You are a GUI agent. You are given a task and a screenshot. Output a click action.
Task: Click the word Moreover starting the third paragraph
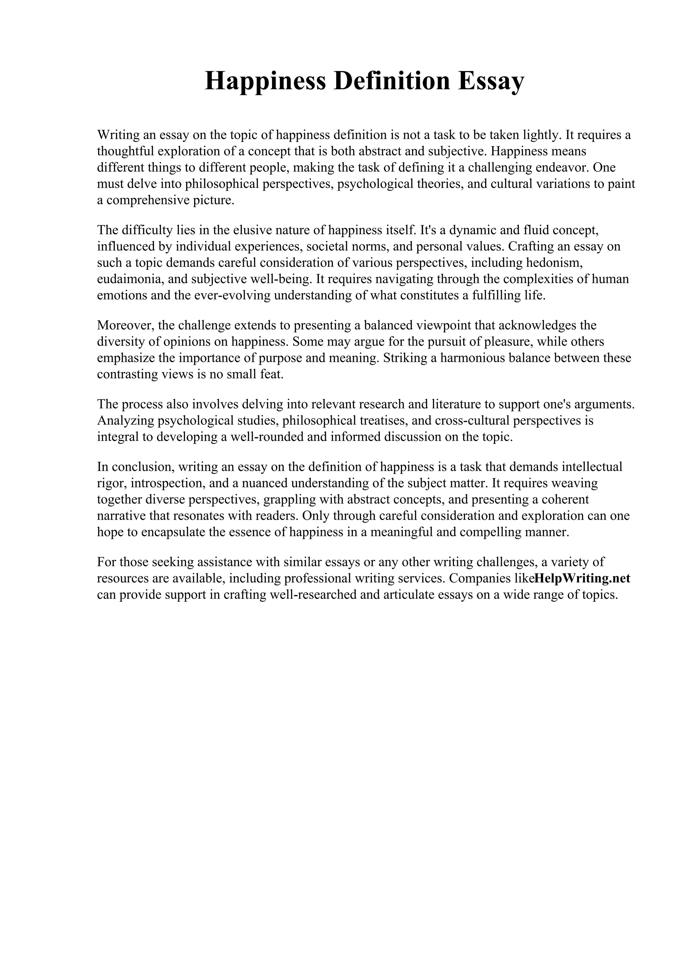pyautogui.click(x=125, y=325)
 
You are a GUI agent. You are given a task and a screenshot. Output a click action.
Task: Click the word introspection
pyautogui.click(x=167, y=483)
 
